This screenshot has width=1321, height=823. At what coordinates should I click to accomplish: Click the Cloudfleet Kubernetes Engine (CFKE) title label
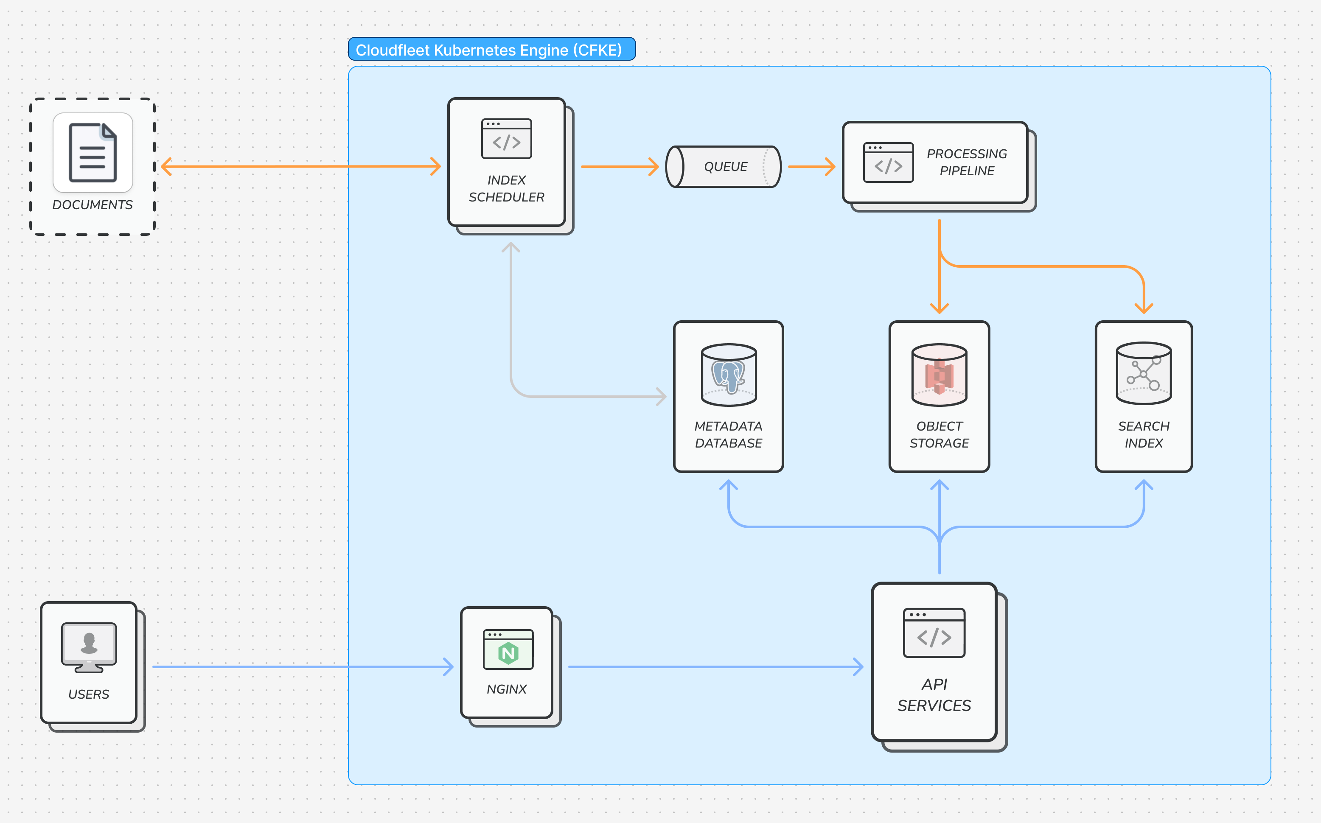(x=488, y=50)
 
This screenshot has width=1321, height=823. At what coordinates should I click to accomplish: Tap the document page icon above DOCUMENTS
(x=93, y=152)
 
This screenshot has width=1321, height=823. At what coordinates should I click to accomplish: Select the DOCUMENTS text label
(x=93, y=204)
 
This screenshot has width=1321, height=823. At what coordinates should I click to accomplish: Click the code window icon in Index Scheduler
(x=506, y=139)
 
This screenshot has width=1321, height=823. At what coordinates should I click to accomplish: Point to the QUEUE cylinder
(x=724, y=167)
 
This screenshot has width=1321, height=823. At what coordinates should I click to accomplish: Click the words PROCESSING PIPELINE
(x=967, y=162)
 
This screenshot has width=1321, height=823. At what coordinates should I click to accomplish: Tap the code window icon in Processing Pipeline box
(x=888, y=162)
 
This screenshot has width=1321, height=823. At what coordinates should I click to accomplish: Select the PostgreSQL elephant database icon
(x=729, y=375)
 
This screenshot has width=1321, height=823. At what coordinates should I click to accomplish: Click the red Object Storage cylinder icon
(x=939, y=375)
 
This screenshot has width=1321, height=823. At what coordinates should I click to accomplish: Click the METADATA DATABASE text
(x=728, y=434)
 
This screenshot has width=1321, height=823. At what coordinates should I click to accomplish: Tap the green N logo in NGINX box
(x=508, y=652)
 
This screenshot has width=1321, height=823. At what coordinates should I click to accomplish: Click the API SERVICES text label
(x=934, y=694)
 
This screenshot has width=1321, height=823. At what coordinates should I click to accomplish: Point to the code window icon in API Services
(x=934, y=633)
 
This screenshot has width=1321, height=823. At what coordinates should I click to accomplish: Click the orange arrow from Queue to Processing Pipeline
(x=811, y=167)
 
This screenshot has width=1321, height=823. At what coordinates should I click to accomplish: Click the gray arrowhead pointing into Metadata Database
(x=661, y=396)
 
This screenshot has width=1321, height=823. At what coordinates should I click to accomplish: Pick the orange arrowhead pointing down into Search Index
(x=1144, y=308)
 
